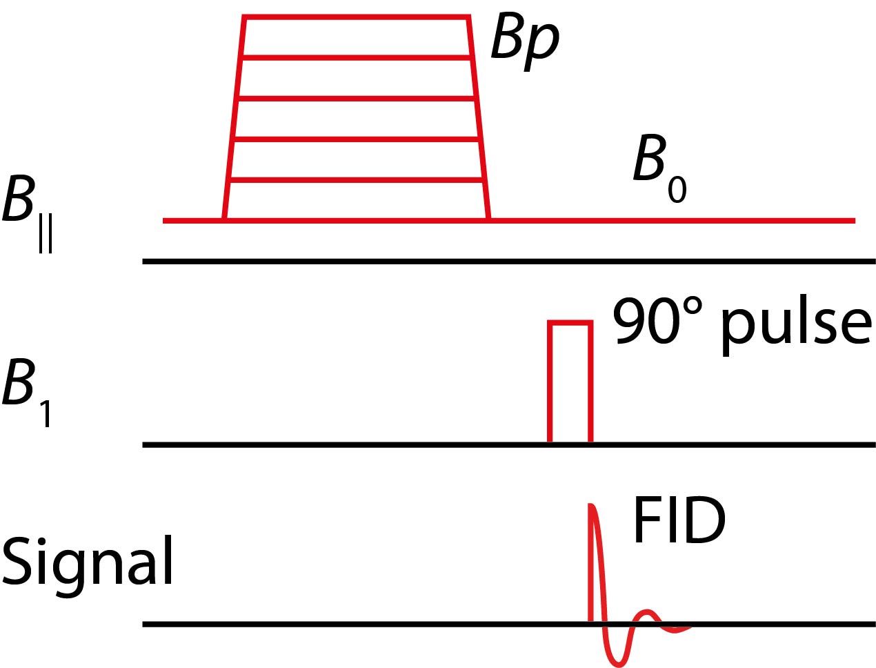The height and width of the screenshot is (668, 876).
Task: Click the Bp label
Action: pyautogui.click(x=524, y=39)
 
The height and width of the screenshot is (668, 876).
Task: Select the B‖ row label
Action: pyautogui.click(x=28, y=210)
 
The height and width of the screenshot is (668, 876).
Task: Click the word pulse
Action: pyautogui.click(x=797, y=323)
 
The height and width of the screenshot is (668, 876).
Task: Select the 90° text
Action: pyautogui.click(x=659, y=321)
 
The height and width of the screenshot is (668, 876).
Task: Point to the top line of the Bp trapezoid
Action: pyautogui.click(x=356, y=17)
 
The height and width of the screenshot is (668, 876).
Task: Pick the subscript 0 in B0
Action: pyautogui.click(x=677, y=189)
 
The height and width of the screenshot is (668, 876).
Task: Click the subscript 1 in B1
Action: pyautogui.click(x=46, y=414)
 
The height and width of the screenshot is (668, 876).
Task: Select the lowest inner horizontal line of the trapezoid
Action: pyautogui.click(x=356, y=181)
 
